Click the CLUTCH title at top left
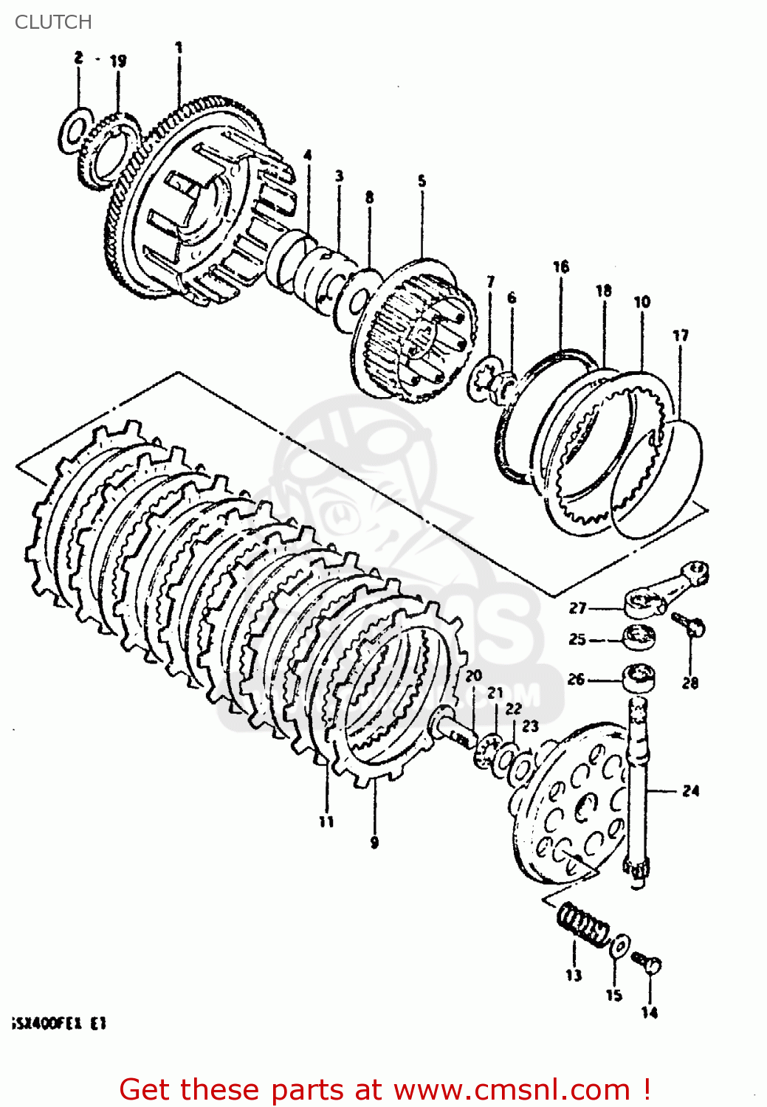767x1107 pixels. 53,22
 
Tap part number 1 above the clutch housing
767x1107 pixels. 179,49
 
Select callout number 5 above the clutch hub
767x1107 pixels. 422,181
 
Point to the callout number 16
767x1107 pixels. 561,266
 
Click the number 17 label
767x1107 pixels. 681,336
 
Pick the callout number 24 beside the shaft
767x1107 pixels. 690,791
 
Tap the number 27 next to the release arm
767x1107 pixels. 577,608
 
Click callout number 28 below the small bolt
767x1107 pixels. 690,683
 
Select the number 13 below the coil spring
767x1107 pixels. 574,976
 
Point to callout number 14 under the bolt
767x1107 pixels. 649,1013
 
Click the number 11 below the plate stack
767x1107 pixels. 326,821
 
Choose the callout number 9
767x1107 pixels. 374,843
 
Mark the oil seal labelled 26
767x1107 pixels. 639,677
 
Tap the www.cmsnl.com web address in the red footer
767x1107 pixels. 512,1089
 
